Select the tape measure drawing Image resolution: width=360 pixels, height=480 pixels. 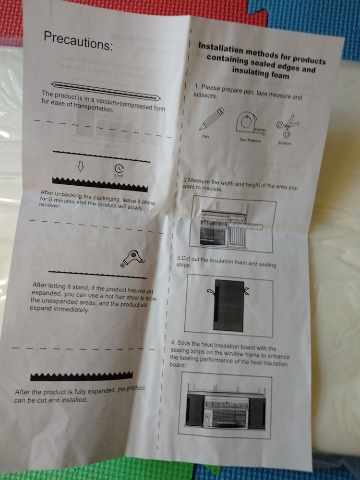(250, 122)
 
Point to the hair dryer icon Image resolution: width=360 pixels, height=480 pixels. (132, 259)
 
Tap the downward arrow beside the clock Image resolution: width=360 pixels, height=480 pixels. (81, 167)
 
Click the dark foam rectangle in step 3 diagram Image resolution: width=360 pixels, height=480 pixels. (229, 305)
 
